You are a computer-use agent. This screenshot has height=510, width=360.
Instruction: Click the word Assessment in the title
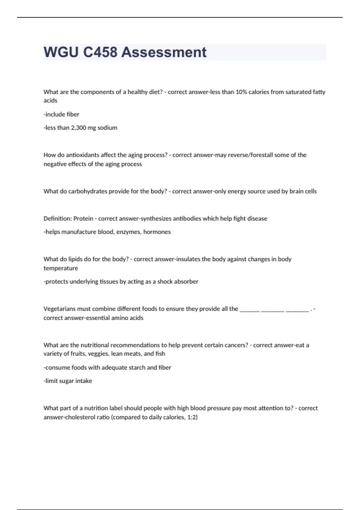(164, 52)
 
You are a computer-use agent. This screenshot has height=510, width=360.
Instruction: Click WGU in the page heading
(61, 52)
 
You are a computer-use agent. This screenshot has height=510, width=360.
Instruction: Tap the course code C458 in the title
(100, 52)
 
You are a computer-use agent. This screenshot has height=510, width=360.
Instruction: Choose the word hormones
(157, 232)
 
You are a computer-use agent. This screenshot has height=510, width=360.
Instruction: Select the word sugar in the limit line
(66, 381)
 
